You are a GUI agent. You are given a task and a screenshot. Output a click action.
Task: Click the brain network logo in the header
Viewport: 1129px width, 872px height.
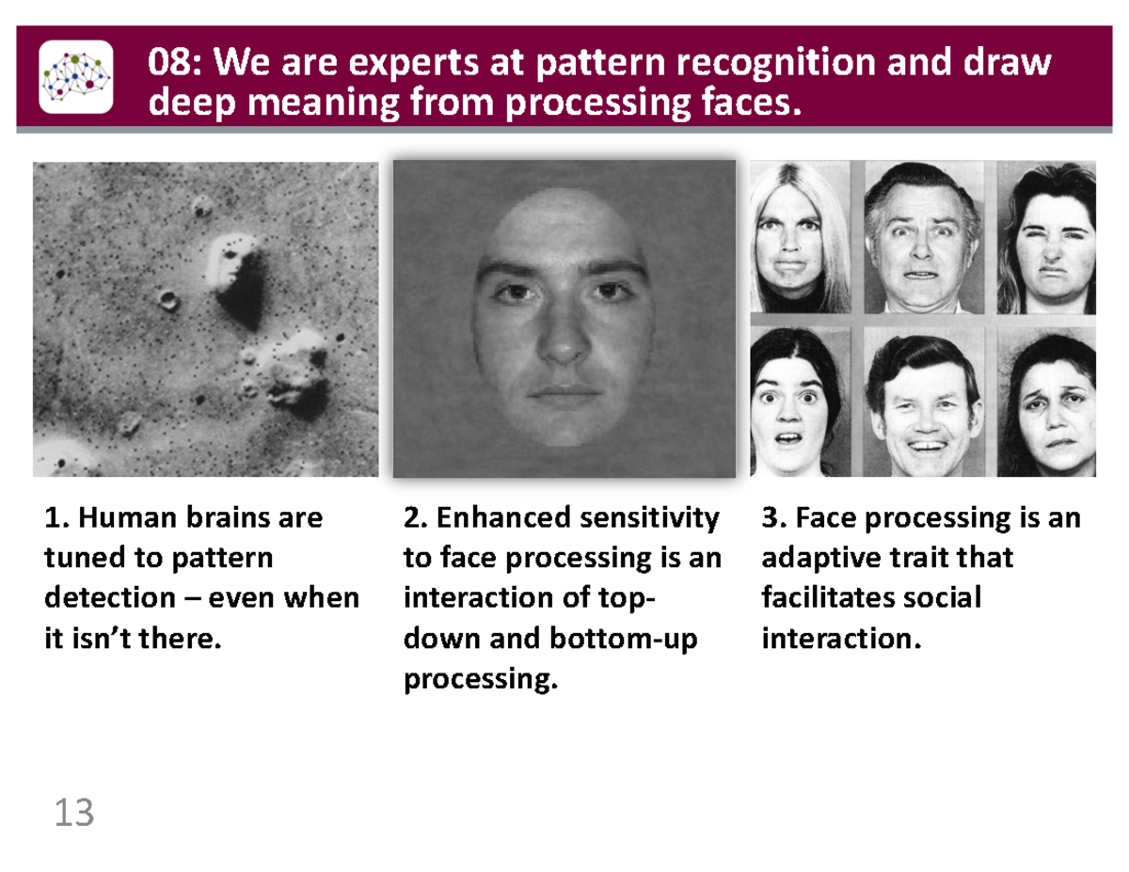(75, 76)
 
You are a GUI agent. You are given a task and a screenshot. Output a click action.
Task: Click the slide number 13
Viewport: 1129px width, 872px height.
(74, 813)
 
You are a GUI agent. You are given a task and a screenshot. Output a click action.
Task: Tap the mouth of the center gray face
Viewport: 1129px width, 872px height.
(564, 393)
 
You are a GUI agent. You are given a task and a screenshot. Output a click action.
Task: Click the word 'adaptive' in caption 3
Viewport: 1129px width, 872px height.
(814, 558)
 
